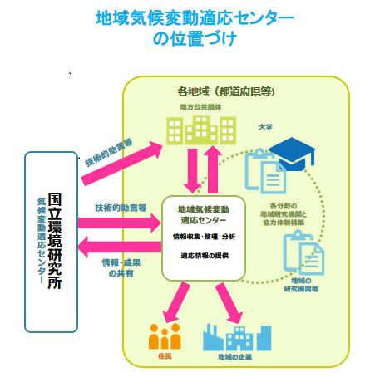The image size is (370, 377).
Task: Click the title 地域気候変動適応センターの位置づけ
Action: [185, 28]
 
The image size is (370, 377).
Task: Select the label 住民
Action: [163, 357]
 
